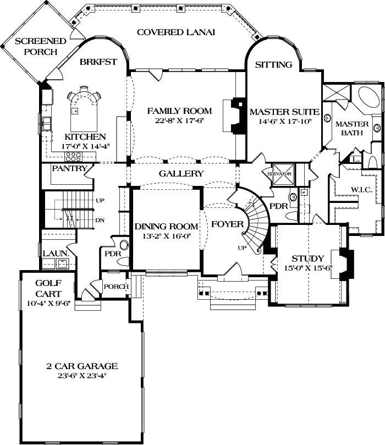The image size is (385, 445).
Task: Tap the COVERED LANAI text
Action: point(175,32)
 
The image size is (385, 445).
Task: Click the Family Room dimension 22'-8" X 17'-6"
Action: point(179,121)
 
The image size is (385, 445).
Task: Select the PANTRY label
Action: point(68,169)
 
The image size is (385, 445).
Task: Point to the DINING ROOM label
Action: point(166,226)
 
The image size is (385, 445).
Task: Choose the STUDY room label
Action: point(307,258)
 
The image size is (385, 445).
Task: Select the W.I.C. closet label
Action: point(361,190)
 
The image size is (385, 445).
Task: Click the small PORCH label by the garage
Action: point(116,287)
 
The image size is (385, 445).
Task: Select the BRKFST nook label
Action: point(98,62)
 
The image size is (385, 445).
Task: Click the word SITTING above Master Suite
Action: point(273,64)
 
